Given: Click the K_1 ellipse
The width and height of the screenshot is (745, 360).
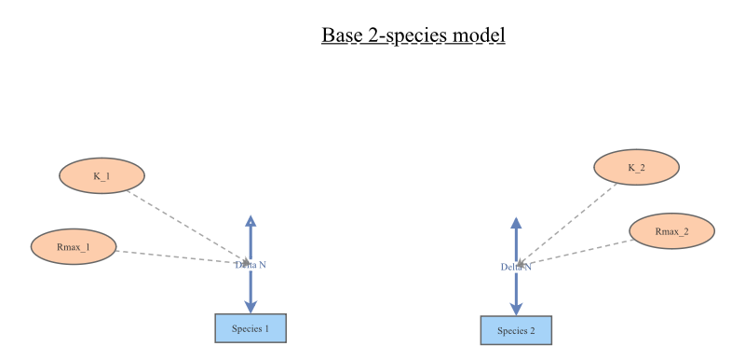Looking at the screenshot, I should [x=102, y=175].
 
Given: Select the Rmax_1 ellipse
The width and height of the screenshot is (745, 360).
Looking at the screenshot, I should [x=74, y=247].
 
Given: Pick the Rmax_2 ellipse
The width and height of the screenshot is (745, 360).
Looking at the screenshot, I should [x=671, y=231].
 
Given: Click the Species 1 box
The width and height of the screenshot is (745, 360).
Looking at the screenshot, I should [x=251, y=328].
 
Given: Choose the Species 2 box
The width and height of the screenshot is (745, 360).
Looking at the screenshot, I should [x=516, y=330].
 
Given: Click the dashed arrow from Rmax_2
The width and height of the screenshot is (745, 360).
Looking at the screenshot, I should [x=577, y=252].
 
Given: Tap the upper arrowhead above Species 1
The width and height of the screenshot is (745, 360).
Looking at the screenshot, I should [x=251, y=220].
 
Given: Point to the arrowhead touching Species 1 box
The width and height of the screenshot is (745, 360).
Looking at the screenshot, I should [x=251, y=307].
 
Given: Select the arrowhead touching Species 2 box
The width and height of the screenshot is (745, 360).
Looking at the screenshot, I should [x=516, y=309].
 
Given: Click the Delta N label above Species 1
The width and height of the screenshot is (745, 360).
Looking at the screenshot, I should [x=251, y=265].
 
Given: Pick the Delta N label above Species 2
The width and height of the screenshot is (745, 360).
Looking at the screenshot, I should [x=516, y=267].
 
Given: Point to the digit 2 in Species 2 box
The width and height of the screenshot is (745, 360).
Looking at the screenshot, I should [x=532, y=330].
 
